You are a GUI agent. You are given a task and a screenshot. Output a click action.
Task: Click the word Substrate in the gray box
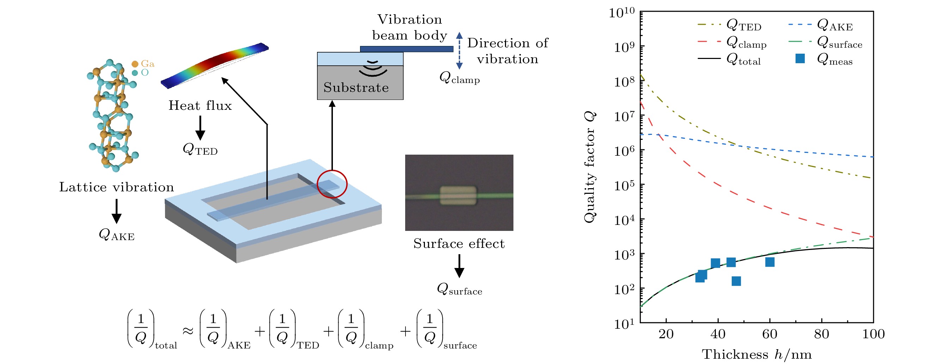click(356, 88)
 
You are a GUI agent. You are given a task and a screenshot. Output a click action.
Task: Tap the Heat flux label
click(200, 106)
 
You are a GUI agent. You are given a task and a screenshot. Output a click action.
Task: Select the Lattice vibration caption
click(116, 187)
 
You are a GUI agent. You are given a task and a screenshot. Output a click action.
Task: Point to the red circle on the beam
click(332, 184)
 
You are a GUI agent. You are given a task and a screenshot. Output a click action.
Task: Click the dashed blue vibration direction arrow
click(459, 50)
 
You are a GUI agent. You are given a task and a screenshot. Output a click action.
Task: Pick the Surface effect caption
click(459, 244)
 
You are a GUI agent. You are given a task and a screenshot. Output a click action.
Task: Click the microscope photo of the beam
click(459, 193)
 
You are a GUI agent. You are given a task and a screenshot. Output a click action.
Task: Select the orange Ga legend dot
click(135, 64)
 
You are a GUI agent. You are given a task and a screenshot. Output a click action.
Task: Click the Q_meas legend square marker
click(800, 59)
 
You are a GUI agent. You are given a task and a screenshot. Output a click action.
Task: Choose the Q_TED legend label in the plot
click(744, 25)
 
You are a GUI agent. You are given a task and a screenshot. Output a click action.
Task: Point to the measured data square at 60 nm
click(769, 262)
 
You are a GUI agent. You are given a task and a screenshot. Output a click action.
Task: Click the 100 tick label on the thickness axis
click(873, 334)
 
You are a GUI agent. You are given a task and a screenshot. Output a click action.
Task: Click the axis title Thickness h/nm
click(756, 354)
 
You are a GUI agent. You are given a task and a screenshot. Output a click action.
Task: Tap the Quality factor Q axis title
click(590, 167)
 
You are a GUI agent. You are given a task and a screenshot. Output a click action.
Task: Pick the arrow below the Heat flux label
click(200, 128)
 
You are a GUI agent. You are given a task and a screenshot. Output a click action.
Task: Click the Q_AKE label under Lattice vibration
click(116, 235)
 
